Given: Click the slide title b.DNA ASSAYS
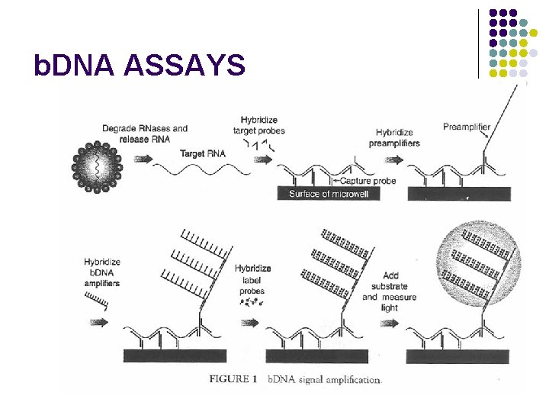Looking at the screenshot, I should point(140,66).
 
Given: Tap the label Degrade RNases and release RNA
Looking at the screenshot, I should point(145,134).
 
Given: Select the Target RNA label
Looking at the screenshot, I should point(203,154).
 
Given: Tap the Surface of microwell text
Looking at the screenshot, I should point(329,194).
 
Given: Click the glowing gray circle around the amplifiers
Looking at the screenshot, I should point(477,263).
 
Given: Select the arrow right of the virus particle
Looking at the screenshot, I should point(143,159).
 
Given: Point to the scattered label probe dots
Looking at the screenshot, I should point(251,302).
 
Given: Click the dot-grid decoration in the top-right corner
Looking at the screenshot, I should point(512,43).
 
